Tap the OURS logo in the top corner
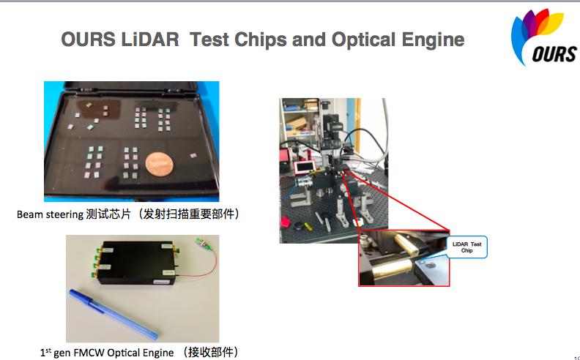543,37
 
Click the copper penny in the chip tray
159,163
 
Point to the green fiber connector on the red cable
201,243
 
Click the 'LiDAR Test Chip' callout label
466,247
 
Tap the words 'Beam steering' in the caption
50,214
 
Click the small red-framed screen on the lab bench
305,168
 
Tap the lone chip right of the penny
193,156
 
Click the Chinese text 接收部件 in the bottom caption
209,352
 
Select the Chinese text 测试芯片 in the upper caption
108,214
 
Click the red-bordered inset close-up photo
404,258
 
